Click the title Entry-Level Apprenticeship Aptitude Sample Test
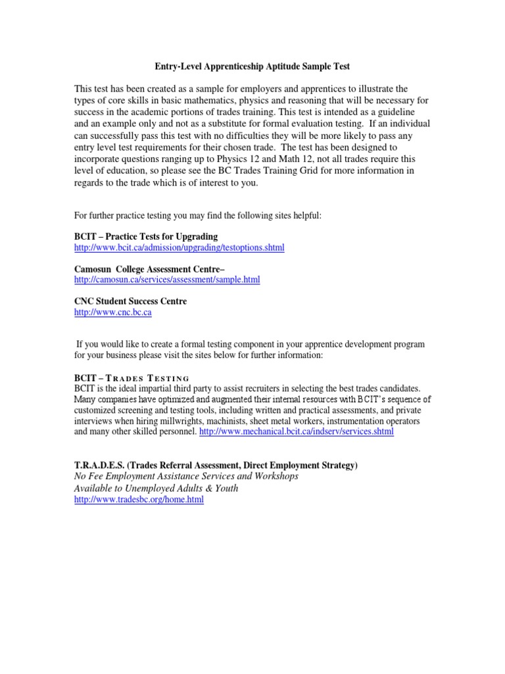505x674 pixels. click(252, 66)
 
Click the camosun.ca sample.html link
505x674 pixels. click(167, 280)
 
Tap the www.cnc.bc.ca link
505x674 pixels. click(112, 312)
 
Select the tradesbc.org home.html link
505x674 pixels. click(139, 500)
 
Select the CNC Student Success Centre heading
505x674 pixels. click(130, 301)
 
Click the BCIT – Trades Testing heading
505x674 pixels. click(132, 378)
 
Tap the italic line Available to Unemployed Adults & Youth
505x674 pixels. click(156, 488)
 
